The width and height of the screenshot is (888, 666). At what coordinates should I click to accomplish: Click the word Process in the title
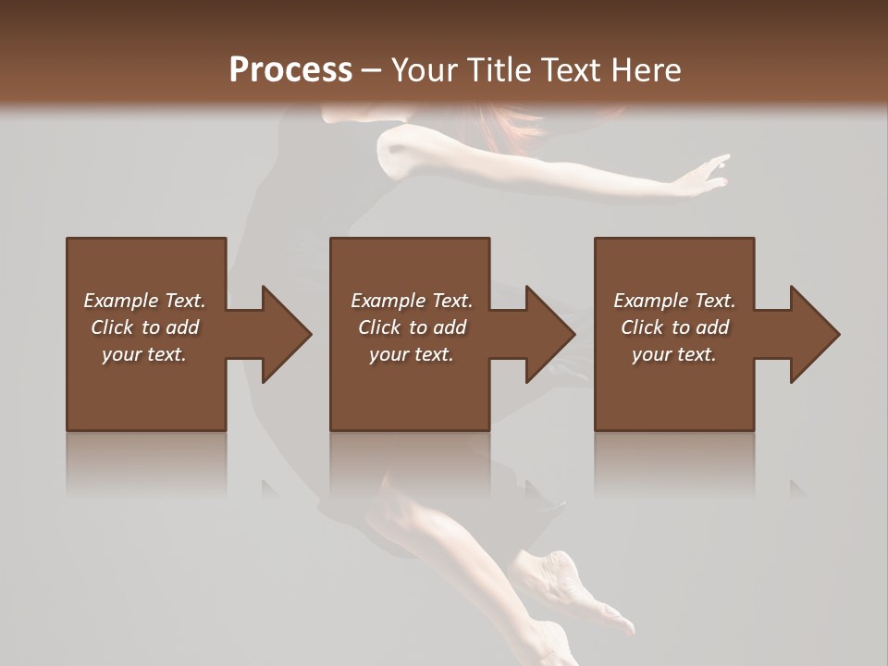pyautogui.click(x=290, y=70)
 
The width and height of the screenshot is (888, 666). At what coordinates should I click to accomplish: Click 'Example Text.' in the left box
pyautogui.click(x=144, y=301)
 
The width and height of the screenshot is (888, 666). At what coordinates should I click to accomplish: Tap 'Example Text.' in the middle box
pyautogui.click(x=412, y=301)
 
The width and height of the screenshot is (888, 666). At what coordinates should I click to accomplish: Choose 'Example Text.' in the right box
pyautogui.click(x=674, y=301)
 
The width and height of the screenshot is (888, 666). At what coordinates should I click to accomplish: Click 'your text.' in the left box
pyautogui.click(x=144, y=354)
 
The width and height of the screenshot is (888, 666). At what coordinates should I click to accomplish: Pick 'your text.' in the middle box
pyautogui.click(x=412, y=354)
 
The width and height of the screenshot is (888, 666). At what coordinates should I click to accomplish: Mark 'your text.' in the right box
pyautogui.click(x=674, y=354)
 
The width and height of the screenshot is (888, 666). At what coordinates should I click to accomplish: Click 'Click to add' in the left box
pyautogui.click(x=144, y=327)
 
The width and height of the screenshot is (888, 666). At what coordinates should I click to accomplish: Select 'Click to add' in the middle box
pyautogui.click(x=412, y=327)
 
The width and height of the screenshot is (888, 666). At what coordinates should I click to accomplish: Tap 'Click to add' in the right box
pyautogui.click(x=674, y=327)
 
